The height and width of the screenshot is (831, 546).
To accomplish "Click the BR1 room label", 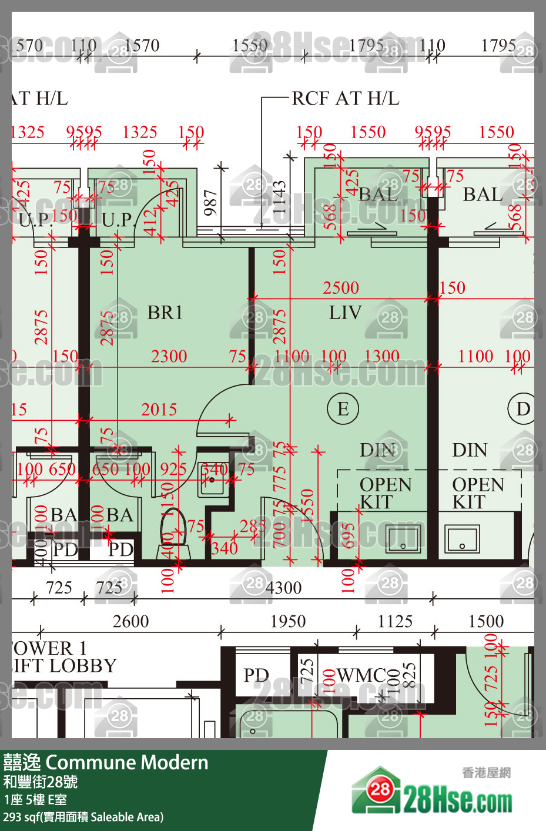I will (x=165, y=313).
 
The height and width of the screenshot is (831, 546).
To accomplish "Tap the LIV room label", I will (x=345, y=313).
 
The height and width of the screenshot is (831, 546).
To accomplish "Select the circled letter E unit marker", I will (x=343, y=408).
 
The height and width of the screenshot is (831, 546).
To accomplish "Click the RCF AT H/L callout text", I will (x=346, y=98).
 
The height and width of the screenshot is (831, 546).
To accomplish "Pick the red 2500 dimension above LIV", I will (x=341, y=288).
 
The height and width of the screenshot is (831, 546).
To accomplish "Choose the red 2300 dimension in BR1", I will (x=169, y=356).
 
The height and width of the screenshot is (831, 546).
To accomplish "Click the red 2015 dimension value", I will (x=159, y=409).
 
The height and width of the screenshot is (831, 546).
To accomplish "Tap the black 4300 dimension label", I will (x=283, y=588).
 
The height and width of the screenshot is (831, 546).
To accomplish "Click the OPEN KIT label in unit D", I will (x=477, y=493).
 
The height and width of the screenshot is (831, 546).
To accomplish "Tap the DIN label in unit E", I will (x=377, y=450).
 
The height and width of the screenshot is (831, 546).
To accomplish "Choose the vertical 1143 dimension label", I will (x=279, y=197).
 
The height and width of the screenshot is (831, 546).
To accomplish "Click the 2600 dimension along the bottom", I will (x=130, y=621).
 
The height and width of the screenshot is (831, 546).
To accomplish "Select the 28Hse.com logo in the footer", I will (x=432, y=792).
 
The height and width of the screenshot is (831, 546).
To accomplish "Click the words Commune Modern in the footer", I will (x=127, y=762).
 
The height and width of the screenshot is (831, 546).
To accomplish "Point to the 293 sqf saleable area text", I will (x=83, y=817).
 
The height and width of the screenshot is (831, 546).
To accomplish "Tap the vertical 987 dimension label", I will (x=210, y=202).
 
